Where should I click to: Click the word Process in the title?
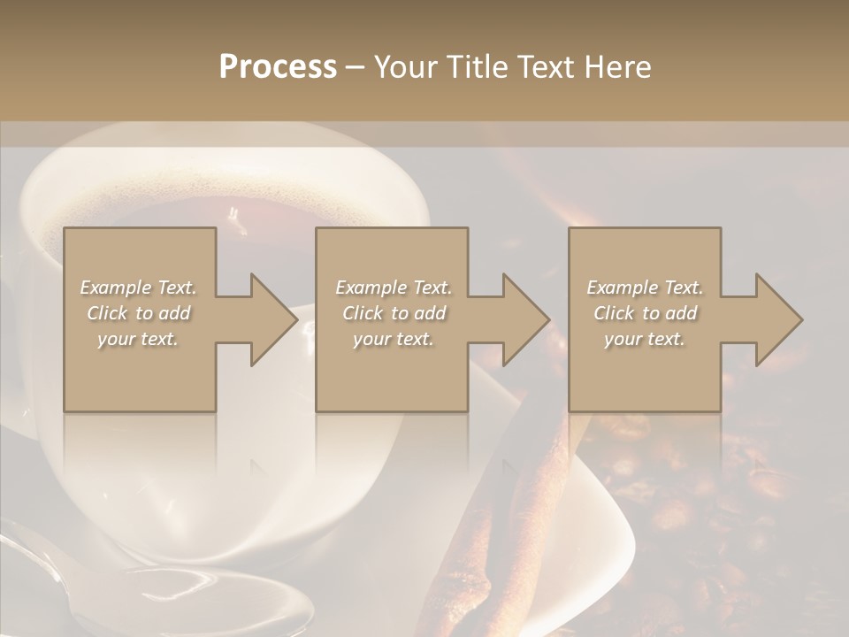[278, 67]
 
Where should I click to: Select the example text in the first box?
[138, 313]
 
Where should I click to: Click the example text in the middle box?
[393, 313]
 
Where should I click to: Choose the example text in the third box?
[644, 313]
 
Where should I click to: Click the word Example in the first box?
[115, 288]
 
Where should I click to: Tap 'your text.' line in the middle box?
[393, 339]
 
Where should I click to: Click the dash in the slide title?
[355, 67]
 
